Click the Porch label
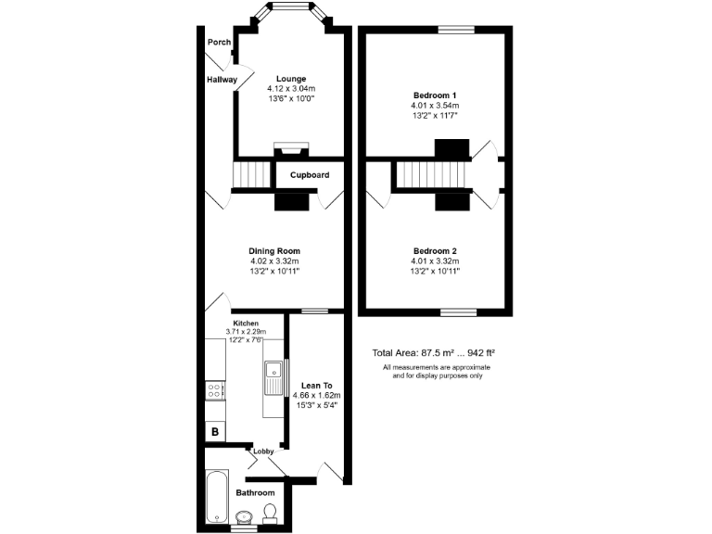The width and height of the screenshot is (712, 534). pyautogui.click(x=219, y=42)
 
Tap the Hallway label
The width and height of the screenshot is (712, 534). pyautogui.click(x=222, y=80)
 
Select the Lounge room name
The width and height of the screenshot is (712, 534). pyautogui.click(x=291, y=79)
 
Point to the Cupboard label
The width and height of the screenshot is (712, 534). pyautogui.click(x=310, y=175)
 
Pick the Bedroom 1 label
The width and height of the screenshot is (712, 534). pyautogui.click(x=435, y=95)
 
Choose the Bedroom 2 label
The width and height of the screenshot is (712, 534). pyautogui.click(x=435, y=251)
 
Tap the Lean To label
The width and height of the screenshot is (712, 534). pyautogui.click(x=315, y=385)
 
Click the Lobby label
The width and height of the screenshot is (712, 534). pyautogui.click(x=262, y=451)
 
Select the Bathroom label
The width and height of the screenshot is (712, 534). pyautogui.click(x=255, y=492)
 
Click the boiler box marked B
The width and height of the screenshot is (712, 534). pyautogui.click(x=214, y=431)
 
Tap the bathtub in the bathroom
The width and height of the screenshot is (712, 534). pyautogui.click(x=216, y=496)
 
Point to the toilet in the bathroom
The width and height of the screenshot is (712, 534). pyautogui.click(x=270, y=512)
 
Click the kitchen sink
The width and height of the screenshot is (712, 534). pyautogui.click(x=273, y=376)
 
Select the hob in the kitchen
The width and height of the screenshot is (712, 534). pyautogui.click(x=215, y=391)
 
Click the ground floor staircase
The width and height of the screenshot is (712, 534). pyautogui.click(x=248, y=174)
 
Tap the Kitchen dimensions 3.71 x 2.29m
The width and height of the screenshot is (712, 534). pyautogui.click(x=246, y=331)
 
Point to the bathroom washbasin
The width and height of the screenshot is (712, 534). pyautogui.click(x=245, y=516)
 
